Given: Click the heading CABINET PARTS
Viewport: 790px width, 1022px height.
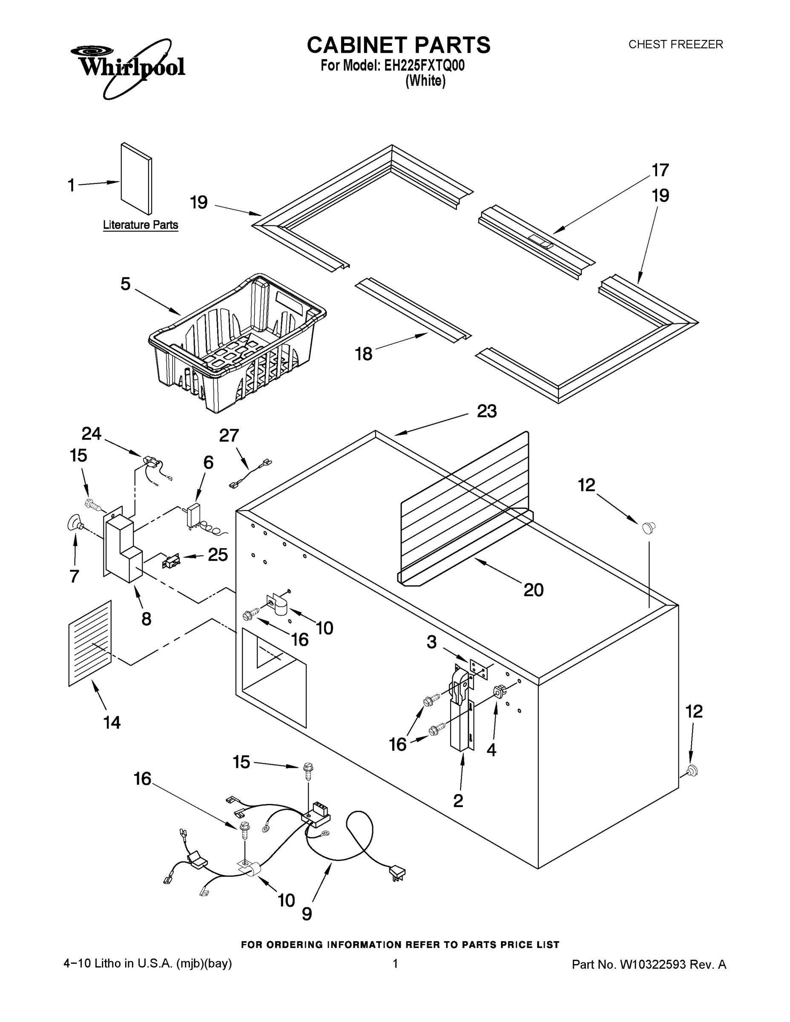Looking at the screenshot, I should [x=398, y=46].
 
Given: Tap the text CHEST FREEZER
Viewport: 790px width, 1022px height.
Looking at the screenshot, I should [x=675, y=44].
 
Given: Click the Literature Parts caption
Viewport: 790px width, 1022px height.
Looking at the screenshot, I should [x=141, y=225].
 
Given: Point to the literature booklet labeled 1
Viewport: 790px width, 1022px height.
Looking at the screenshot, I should [x=136, y=179].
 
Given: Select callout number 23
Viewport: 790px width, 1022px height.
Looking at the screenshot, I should [x=486, y=411].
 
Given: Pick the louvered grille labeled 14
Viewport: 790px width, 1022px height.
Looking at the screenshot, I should [x=90, y=643].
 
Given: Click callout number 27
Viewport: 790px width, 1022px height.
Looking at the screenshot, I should [x=229, y=436].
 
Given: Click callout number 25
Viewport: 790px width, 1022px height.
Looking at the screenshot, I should [x=218, y=554].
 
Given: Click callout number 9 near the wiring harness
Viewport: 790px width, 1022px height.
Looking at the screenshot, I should [x=307, y=913].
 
